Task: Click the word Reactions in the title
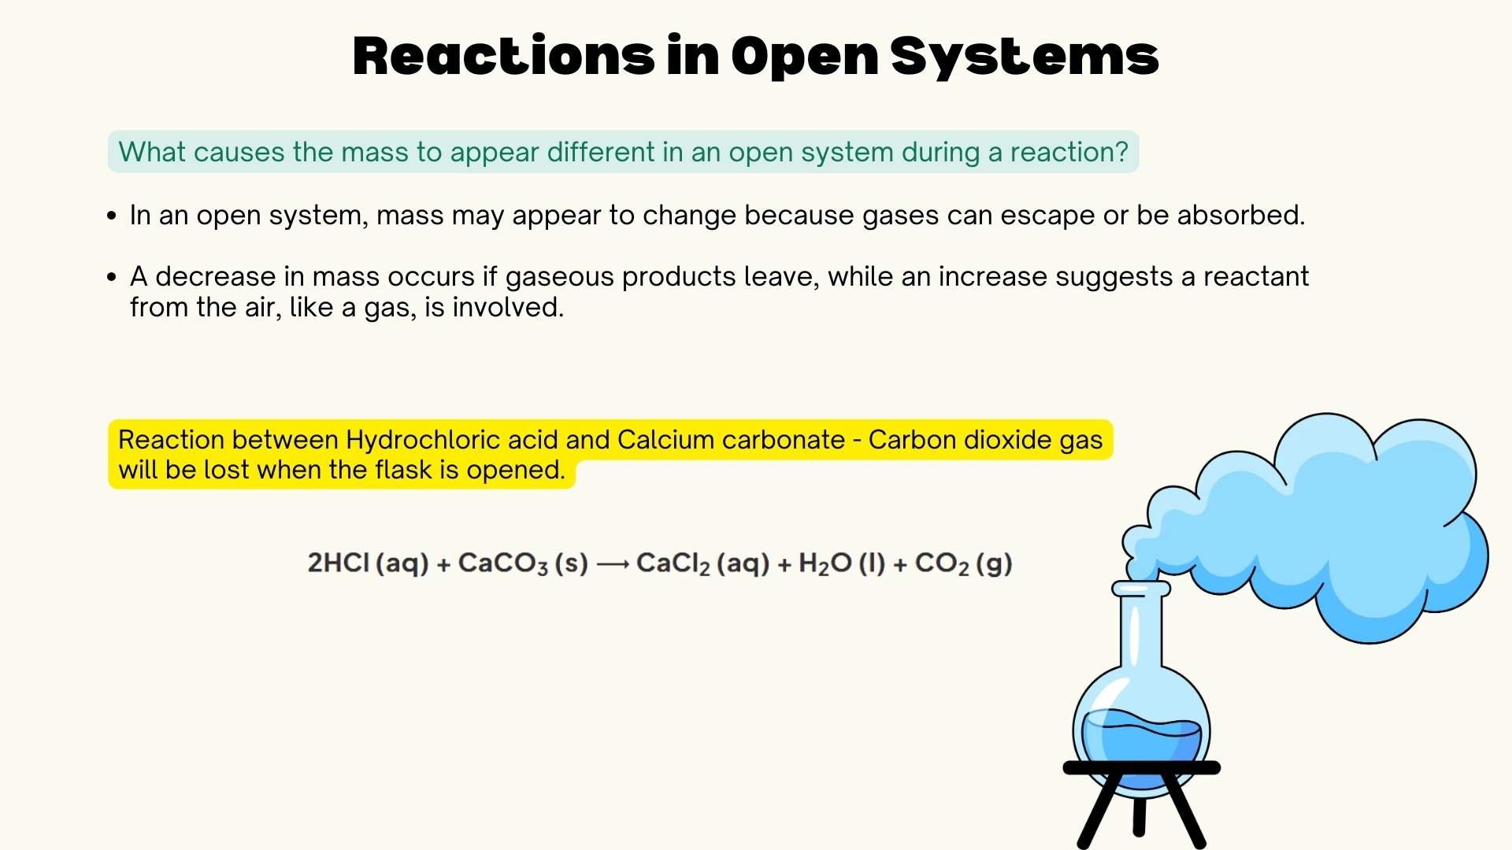point(503,57)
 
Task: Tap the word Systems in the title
point(1025,57)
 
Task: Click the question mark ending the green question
point(1121,152)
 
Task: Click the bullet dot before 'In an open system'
point(112,216)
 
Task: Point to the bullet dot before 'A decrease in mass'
point(112,277)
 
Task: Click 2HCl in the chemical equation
point(338,563)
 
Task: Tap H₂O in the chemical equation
point(825,563)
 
